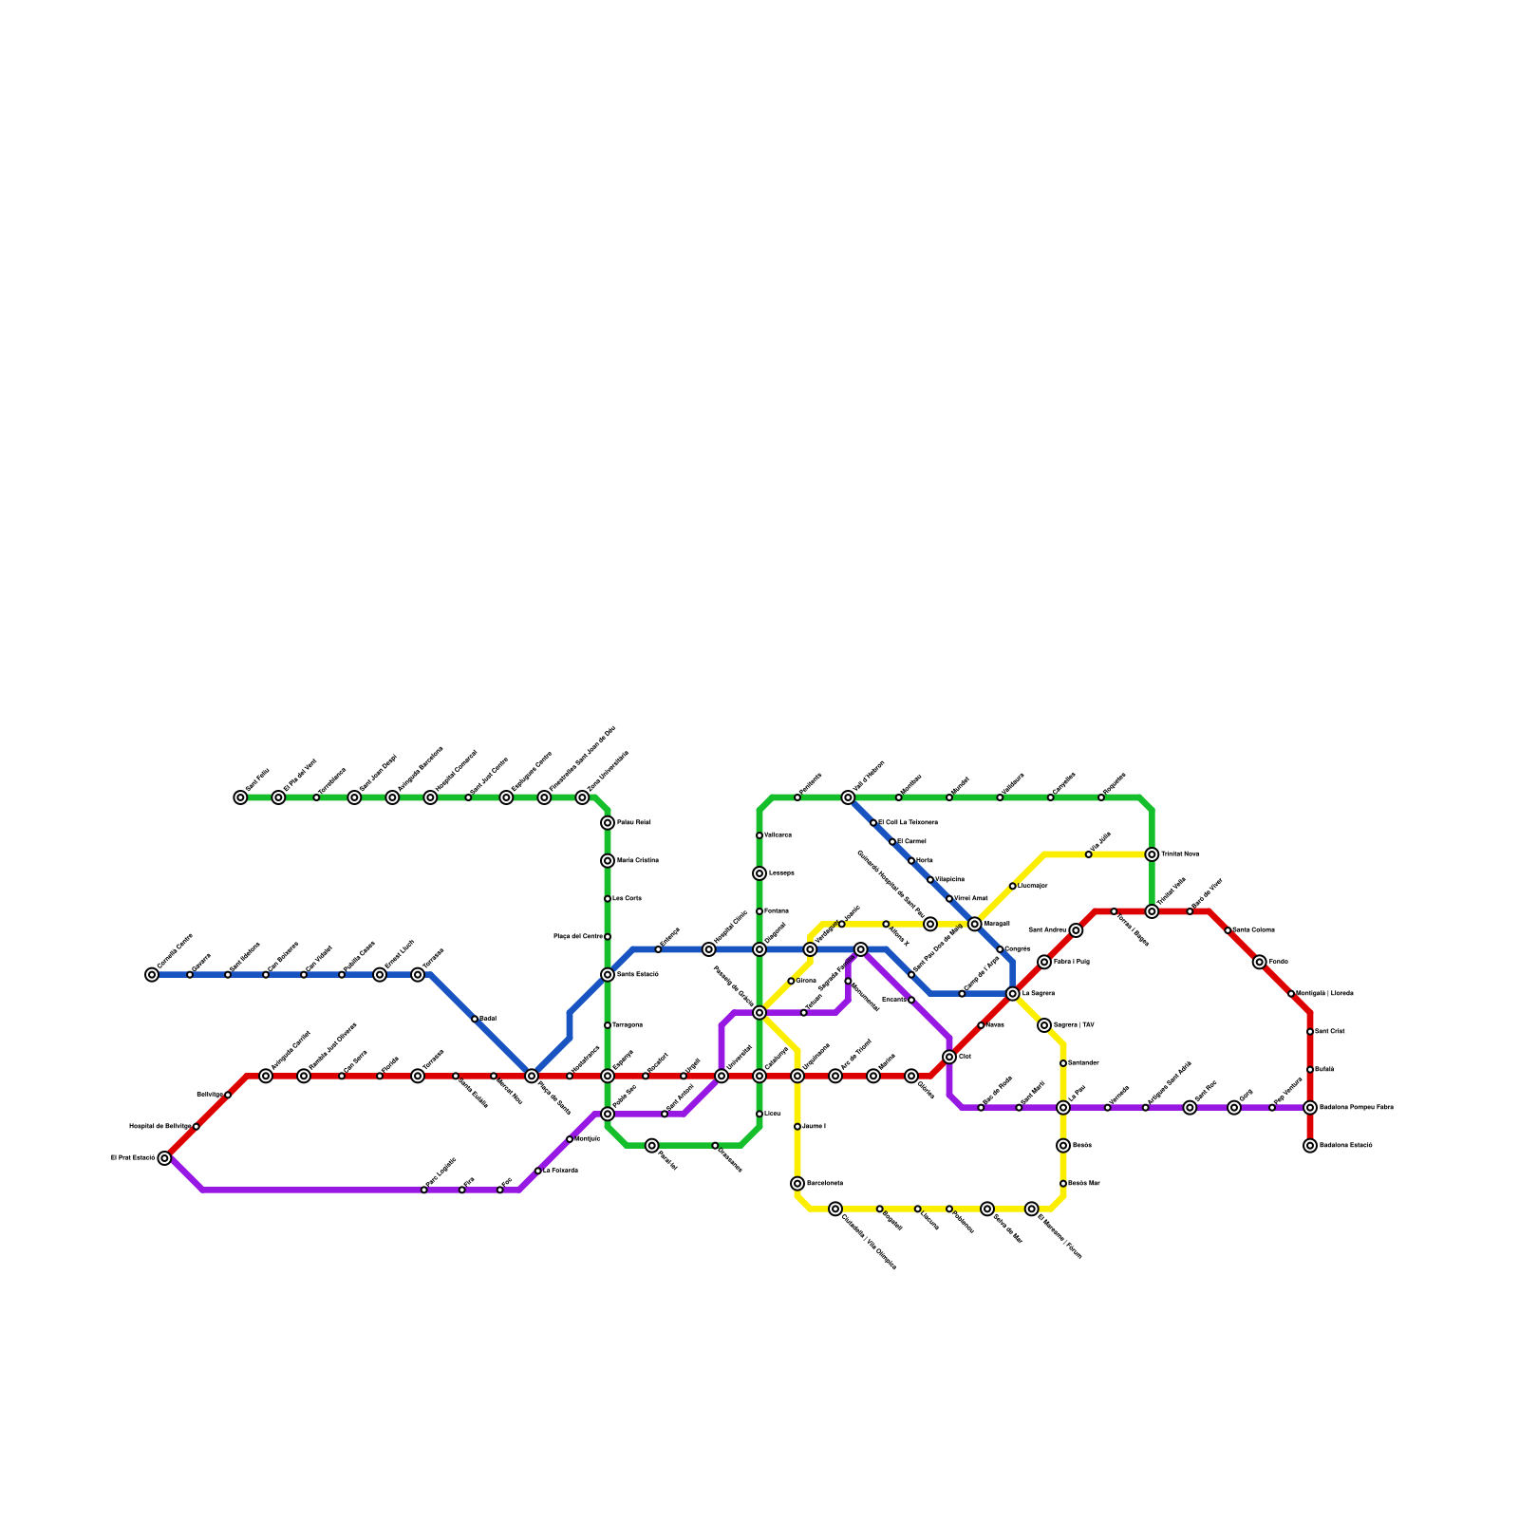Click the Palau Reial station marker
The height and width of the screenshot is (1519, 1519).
608,823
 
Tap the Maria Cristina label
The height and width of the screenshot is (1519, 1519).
637,861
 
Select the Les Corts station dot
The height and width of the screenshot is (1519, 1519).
608,899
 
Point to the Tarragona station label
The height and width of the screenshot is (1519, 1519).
627,1025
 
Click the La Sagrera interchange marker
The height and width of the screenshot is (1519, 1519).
1013,994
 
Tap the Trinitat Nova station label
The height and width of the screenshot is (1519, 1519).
1180,854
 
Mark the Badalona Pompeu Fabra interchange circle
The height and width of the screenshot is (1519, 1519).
1310,1108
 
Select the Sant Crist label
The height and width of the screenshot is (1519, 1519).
1329,1032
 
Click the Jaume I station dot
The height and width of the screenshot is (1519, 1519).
797,1127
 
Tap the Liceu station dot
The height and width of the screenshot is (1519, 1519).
759,1114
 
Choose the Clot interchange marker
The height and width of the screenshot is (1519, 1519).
949,1057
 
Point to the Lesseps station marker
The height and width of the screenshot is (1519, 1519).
759,873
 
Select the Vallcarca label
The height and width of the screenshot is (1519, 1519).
778,835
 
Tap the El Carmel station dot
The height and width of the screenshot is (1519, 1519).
892,842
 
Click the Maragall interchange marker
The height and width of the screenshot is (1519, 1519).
975,924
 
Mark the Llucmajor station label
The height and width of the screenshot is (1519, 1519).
1033,886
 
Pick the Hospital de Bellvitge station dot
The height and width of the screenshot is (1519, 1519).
196,1127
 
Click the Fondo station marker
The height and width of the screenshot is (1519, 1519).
1260,962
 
